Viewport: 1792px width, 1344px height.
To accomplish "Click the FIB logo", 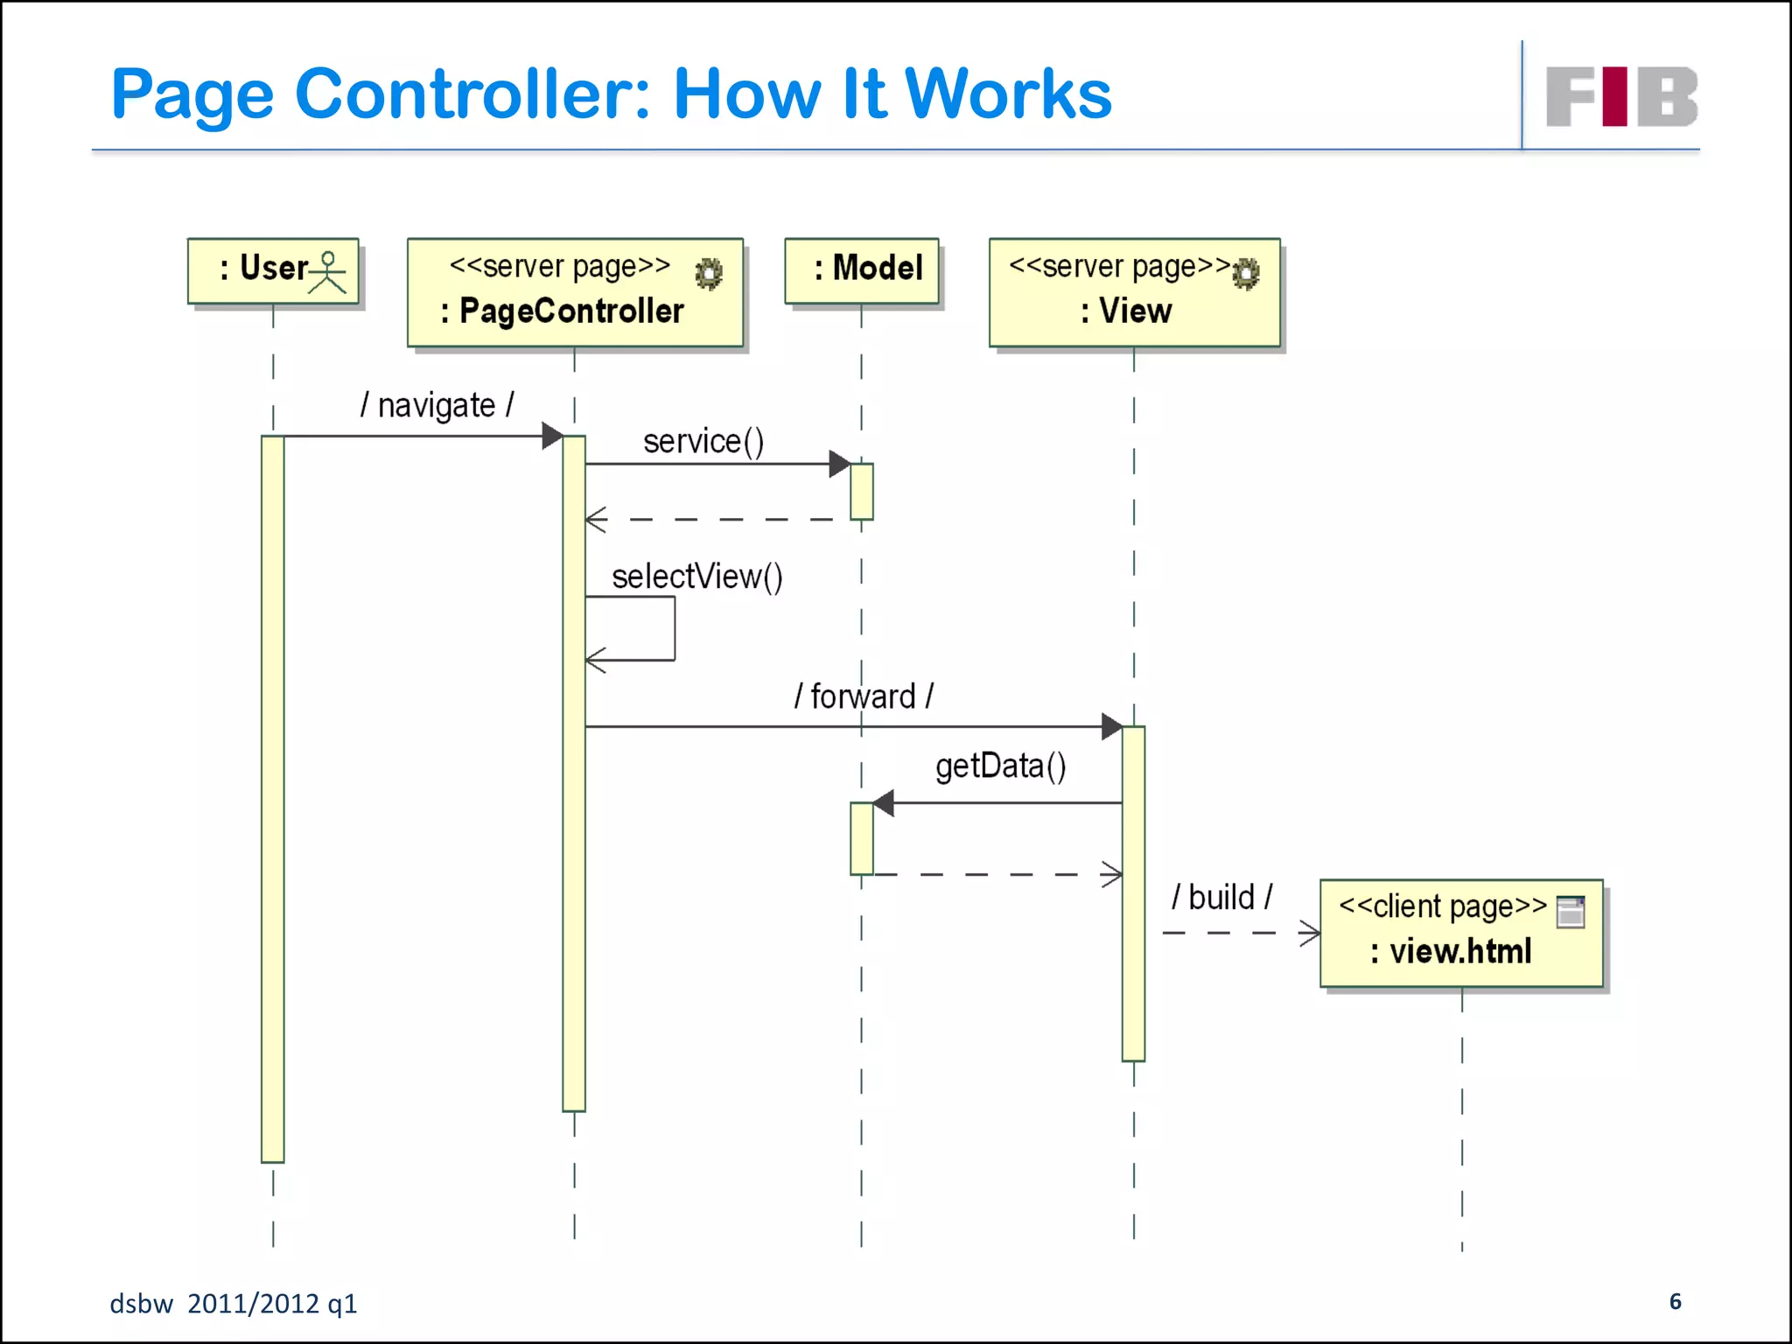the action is (1621, 96).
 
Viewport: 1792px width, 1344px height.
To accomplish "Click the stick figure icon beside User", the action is (328, 272).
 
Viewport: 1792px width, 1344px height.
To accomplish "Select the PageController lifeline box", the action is (575, 293).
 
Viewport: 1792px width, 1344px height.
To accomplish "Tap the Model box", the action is (862, 270).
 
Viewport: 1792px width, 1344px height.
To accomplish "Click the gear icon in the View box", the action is (1246, 274).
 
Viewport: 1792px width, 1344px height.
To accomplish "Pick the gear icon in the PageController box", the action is (709, 274).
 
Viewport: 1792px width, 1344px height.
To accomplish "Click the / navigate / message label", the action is (437, 406).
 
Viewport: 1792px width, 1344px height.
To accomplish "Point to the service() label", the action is (703, 441).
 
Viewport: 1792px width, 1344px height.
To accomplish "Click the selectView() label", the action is (697, 577).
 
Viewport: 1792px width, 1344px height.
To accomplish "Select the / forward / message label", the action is (864, 696).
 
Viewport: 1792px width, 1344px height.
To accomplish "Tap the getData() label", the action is (1000, 766).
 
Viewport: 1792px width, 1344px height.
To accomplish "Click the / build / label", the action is (1221, 898).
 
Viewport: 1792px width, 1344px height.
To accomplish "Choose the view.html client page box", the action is (1461, 934).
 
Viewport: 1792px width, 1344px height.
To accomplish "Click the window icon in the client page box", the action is (1571, 911).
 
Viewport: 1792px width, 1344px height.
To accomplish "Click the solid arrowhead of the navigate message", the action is (552, 436).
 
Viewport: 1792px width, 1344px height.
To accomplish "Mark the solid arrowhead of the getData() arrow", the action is (884, 802).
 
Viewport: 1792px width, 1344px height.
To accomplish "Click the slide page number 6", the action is (1675, 1301).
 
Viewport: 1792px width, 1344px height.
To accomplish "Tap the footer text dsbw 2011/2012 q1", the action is (233, 1304).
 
